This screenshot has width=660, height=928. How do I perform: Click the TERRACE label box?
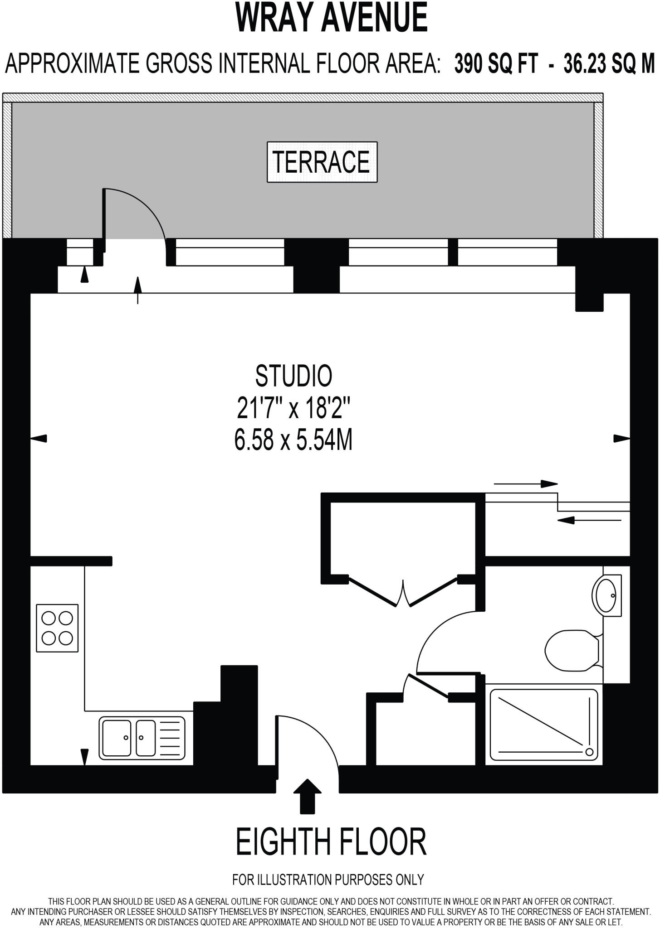pos(322,162)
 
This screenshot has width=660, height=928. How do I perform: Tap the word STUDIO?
pos(293,376)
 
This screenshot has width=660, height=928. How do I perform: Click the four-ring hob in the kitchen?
pos(57,628)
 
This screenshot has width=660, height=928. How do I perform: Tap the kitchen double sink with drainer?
pos(142,738)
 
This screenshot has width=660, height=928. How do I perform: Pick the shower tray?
pos(544,725)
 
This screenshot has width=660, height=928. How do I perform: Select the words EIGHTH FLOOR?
pos(331,841)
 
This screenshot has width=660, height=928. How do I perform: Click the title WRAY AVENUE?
pos(331,18)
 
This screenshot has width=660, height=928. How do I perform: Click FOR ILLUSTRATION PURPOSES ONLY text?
pos(328,880)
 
